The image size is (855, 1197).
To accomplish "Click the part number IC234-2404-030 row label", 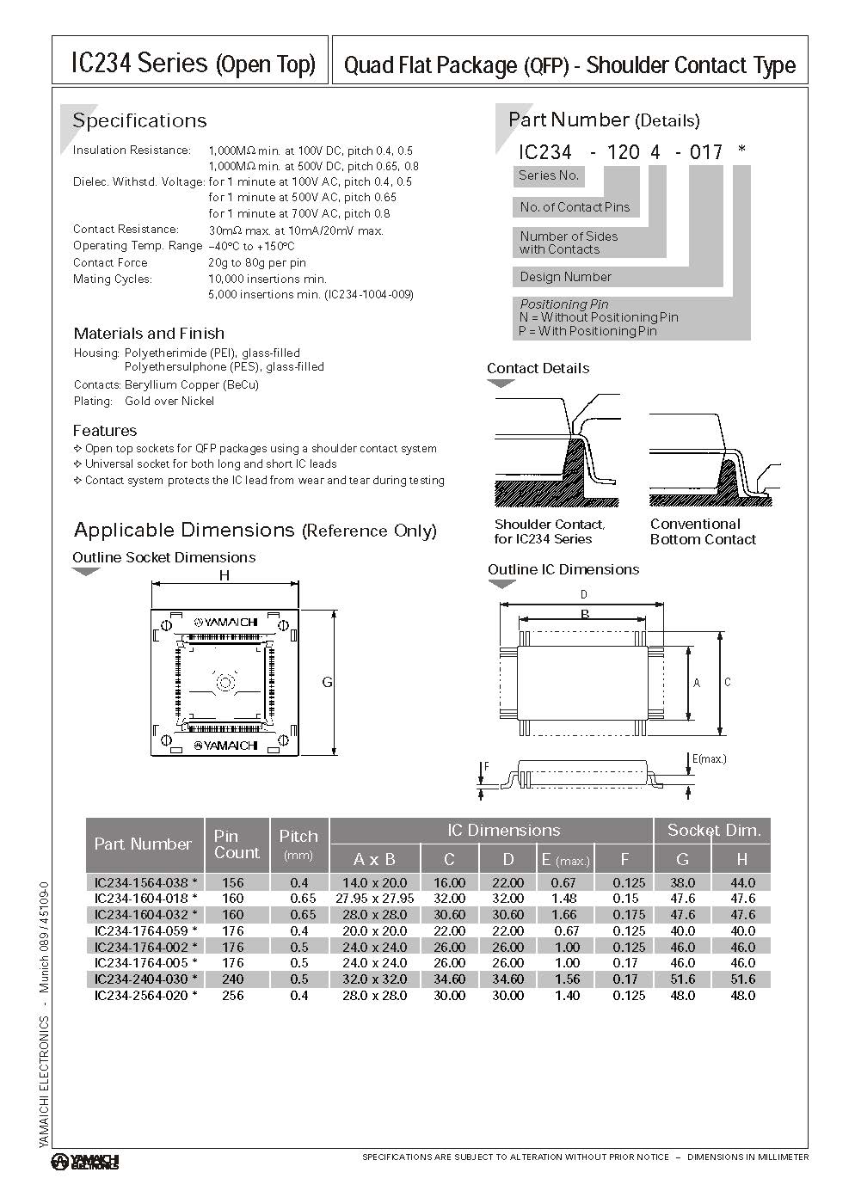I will click(x=145, y=979).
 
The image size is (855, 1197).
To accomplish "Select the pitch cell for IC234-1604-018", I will click(x=298, y=898).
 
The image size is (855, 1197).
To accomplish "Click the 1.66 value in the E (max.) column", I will click(x=564, y=914).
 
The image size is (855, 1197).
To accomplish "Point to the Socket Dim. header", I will click(x=713, y=830).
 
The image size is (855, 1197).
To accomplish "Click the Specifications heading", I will click(x=139, y=120).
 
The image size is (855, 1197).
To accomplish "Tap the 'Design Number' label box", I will click(x=565, y=277).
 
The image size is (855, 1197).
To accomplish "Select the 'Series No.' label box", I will click(x=548, y=175).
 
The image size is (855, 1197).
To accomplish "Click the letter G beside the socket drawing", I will click(x=327, y=682).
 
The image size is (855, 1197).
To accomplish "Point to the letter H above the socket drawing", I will click(x=225, y=575).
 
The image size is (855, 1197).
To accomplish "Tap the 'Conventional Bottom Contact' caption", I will click(x=702, y=531).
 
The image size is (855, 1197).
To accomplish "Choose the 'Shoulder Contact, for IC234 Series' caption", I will click(x=549, y=531).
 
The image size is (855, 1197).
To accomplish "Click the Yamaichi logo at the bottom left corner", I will click(x=85, y=1162).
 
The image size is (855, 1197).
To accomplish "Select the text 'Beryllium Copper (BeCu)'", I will click(x=191, y=384).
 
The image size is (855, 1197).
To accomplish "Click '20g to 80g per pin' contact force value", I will click(x=257, y=262).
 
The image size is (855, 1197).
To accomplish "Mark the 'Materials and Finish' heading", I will click(x=149, y=333).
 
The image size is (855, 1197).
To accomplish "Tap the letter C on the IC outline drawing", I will click(x=728, y=682).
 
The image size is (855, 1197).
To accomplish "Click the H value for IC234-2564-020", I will click(x=741, y=995).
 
